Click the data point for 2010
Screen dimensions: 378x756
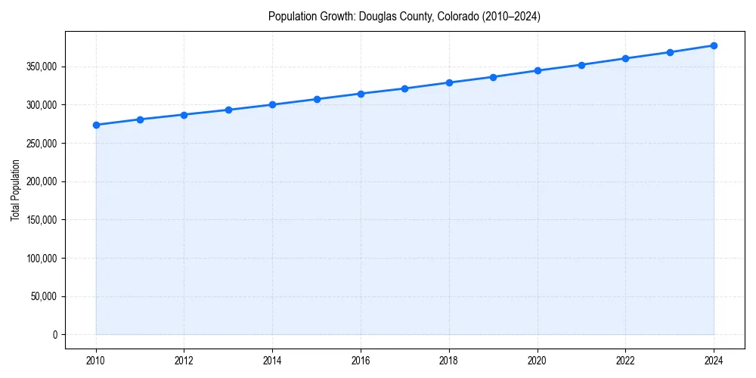tap(96, 125)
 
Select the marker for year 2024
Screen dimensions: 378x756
tap(714, 45)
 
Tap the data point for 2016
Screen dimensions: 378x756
tap(361, 94)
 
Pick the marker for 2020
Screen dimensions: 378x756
tap(538, 70)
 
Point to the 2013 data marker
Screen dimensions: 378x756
tap(228, 110)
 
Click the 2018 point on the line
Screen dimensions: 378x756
tap(449, 82)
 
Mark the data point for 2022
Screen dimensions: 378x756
tap(625, 58)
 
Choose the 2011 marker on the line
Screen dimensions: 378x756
tap(140, 119)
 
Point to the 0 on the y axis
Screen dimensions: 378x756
tap(54, 335)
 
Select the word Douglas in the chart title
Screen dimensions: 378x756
tap(376, 16)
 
